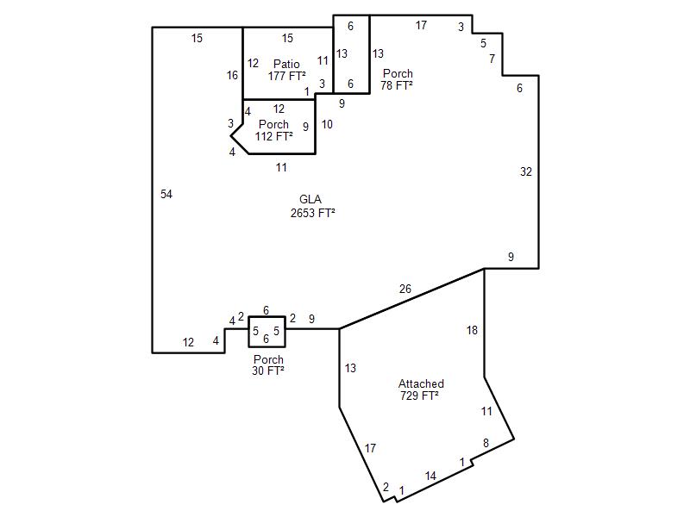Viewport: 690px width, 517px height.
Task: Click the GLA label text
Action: pyautogui.click(x=310, y=200)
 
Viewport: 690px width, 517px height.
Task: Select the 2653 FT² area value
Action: pyautogui.click(x=313, y=213)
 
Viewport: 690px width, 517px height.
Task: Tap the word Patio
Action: pyautogui.click(x=286, y=64)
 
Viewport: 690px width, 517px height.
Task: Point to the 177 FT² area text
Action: pyautogui.click(x=287, y=76)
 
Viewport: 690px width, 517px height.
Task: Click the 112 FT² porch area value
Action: pyautogui.click(x=273, y=136)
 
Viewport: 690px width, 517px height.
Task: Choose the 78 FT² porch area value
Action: pyautogui.click(x=397, y=85)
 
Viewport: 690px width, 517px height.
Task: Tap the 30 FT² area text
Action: pyautogui.click(x=268, y=371)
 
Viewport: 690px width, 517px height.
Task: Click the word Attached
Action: pyautogui.click(x=421, y=383)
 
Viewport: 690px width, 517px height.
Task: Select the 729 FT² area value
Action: pyautogui.click(x=419, y=396)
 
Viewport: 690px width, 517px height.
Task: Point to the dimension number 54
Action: pyautogui.click(x=166, y=195)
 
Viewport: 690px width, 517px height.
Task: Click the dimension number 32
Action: pyautogui.click(x=526, y=171)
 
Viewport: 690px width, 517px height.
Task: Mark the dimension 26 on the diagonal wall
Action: pyautogui.click(x=405, y=289)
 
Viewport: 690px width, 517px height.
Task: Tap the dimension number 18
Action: pyautogui.click(x=472, y=330)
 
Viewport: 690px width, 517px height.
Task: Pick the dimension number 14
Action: pyautogui.click(x=430, y=476)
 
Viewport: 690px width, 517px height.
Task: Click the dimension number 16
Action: pyautogui.click(x=232, y=76)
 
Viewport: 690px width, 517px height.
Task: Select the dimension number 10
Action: pyautogui.click(x=327, y=124)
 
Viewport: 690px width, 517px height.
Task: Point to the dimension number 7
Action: pyautogui.click(x=492, y=59)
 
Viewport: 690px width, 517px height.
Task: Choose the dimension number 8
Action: pyautogui.click(x=486, y=443)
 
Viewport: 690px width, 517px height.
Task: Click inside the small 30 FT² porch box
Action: pyautogui.click(x=267, y=332)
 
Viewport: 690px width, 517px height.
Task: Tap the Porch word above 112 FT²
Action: pyautogui.click(x=273, y=124)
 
